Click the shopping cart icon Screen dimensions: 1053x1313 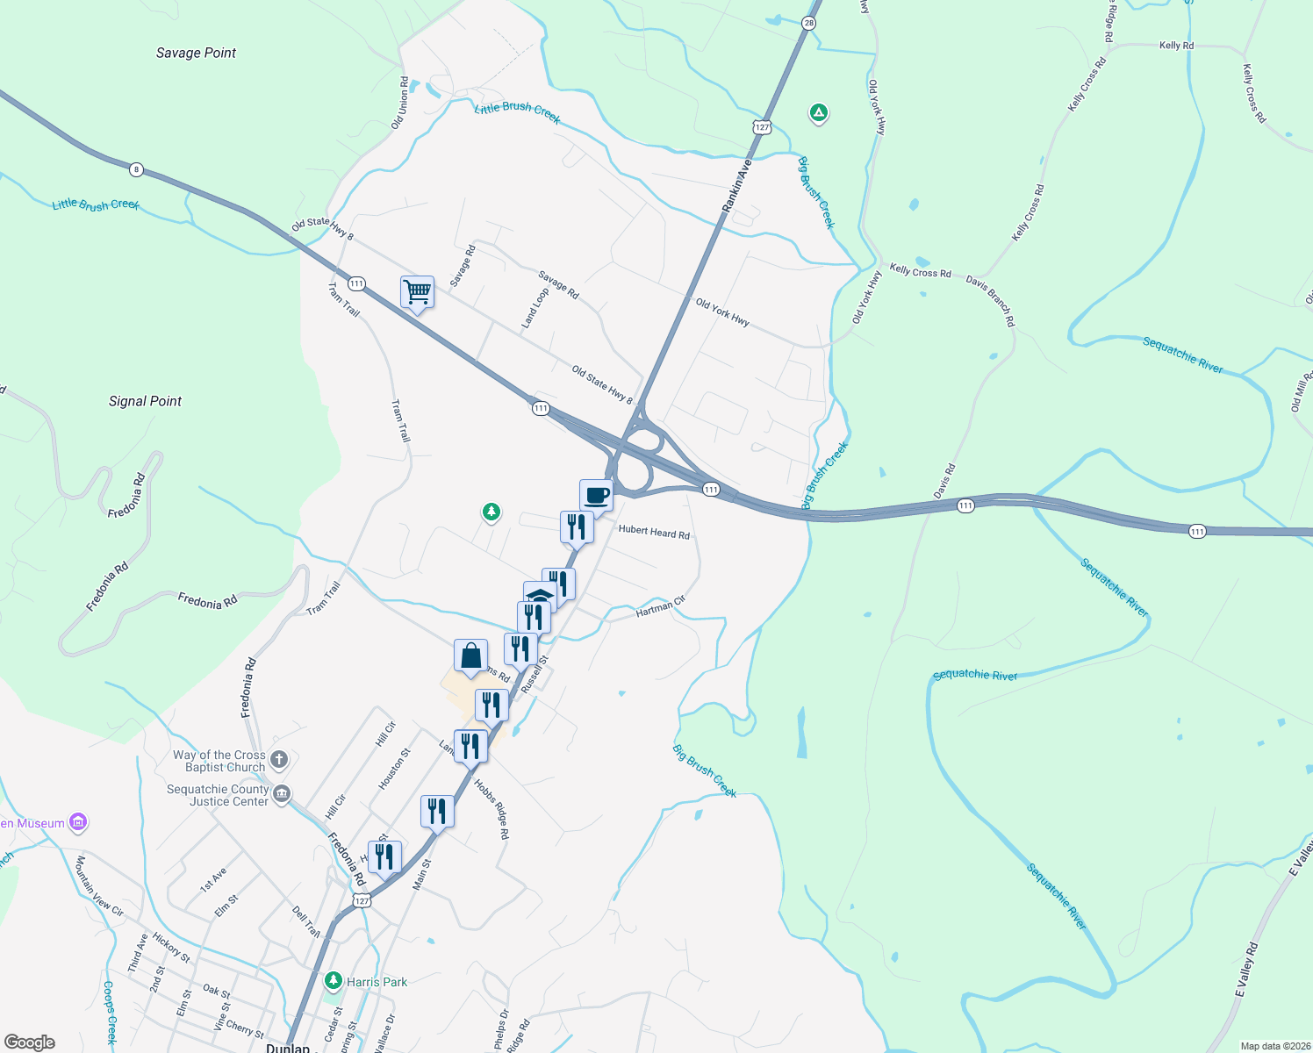point(418,291)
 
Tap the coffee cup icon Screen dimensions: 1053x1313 point(596,495)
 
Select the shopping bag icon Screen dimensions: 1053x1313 point(470,655)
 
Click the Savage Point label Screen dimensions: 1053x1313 point(196,53)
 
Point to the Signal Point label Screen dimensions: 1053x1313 point(145,401)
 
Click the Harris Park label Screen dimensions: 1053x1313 point(377,982)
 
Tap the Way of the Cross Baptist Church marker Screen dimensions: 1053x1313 point(279,760)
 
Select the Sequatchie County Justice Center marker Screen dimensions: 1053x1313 point(282,794)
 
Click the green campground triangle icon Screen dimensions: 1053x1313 point(818,113)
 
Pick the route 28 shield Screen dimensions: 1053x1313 point(808,24)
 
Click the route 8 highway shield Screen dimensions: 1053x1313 point(135,168)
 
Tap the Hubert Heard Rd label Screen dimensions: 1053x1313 point(654,532)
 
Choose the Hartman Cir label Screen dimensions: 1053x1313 point(660,606)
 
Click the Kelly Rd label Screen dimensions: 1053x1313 point(1176,46)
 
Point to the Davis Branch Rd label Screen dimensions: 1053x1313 point(991,301)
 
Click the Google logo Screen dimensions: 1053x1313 point(30,1042)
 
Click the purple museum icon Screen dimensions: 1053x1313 point(78,822)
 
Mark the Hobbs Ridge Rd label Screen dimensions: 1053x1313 point(491,808)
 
